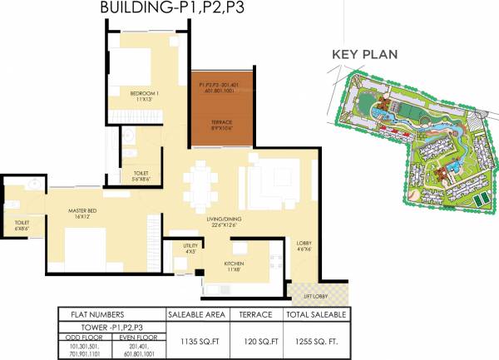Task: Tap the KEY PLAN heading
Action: (x=364, y=55)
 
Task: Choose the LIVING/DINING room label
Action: (x=225, y=220)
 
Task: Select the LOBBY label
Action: (x=304, y=244)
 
